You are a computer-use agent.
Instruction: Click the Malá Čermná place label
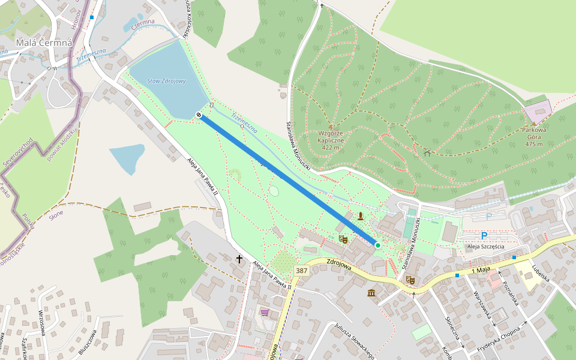[44, 43]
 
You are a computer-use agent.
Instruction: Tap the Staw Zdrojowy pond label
[167, 81]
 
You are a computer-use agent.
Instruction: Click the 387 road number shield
[301, 271]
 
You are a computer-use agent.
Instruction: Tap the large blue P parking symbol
[484, 236]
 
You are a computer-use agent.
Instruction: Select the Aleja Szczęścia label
[485, 247]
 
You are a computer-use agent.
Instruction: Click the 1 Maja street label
[481, 271]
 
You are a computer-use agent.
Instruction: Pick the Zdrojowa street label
[340, 265]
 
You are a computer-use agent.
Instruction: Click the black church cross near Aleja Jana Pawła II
[239, 259]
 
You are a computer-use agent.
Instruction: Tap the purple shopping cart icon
[265, 312]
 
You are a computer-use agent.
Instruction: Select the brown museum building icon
[371, 293]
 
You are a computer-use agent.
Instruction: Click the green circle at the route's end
[377, 245]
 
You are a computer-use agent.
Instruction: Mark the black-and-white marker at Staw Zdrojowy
[199, 115]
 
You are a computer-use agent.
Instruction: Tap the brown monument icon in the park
[360, 216]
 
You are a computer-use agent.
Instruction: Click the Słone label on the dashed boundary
[56, 214]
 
